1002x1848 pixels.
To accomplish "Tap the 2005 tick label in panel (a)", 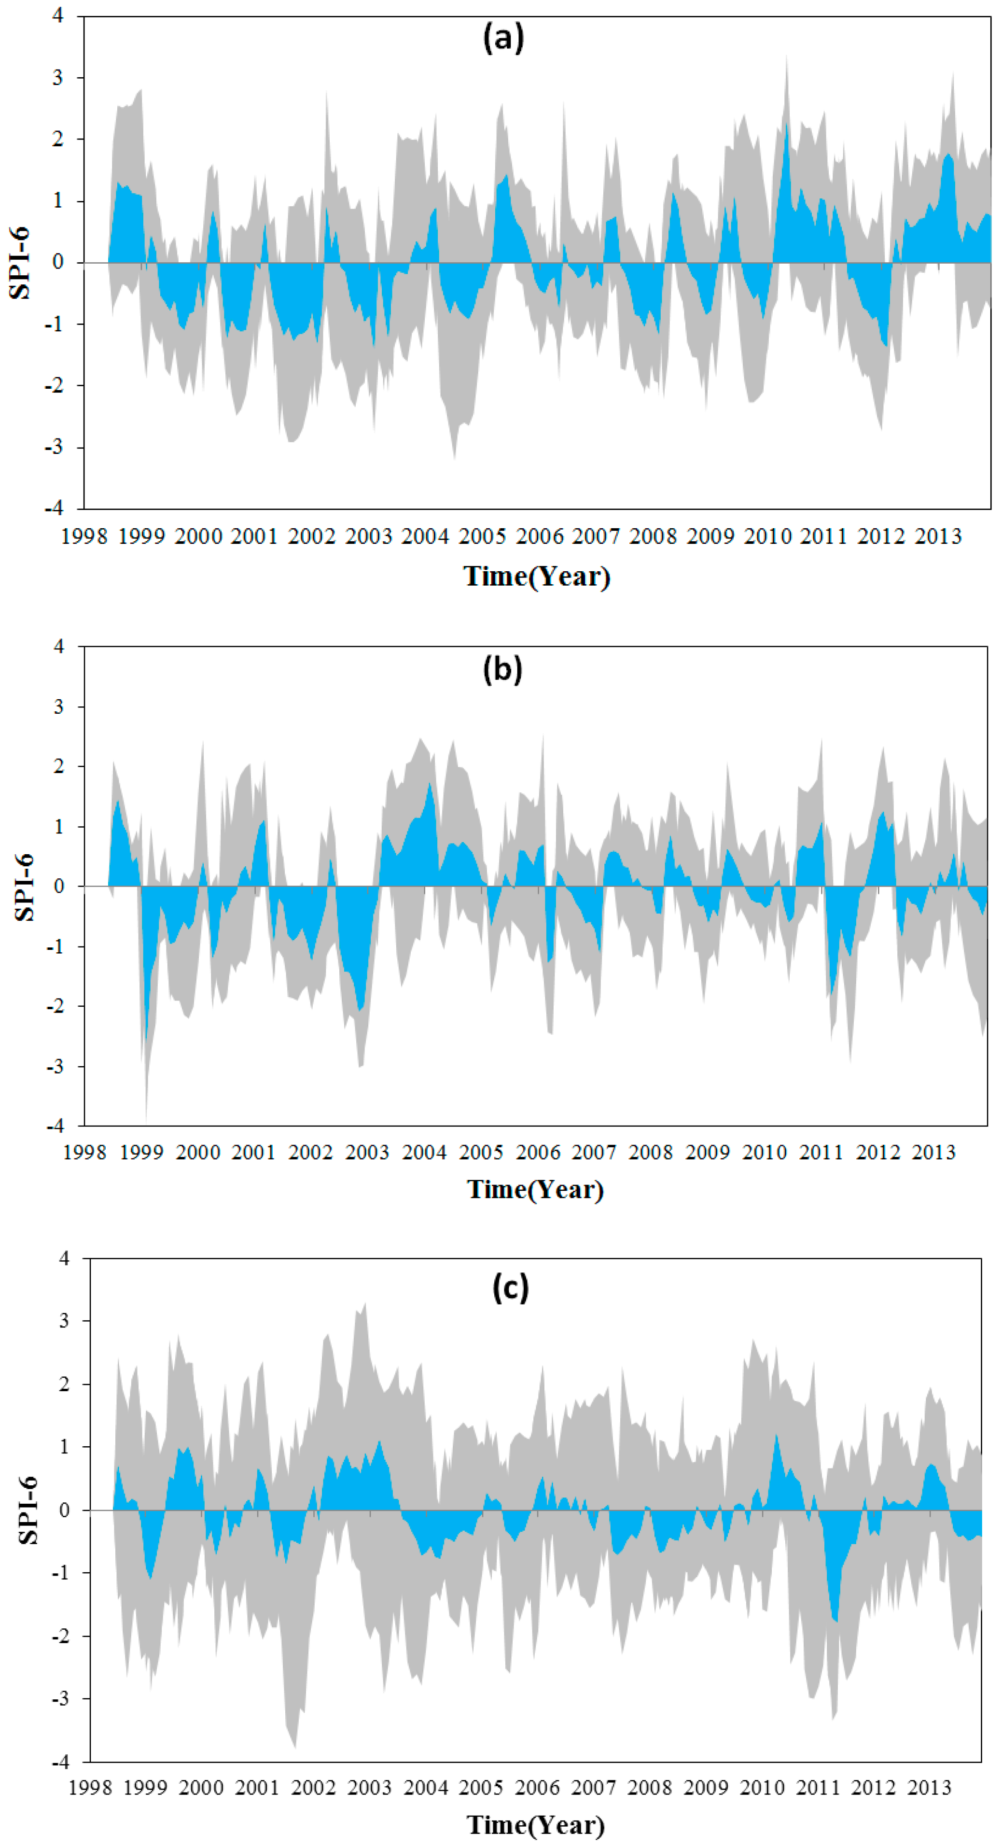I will click(482, 536).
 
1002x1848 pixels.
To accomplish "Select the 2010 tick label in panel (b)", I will click(765, 1152).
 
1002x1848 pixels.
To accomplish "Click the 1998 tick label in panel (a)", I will click(84, 536).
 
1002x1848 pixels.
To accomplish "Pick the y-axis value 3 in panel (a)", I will click(57, 77).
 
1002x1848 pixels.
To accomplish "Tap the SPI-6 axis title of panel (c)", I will click(27, 1510).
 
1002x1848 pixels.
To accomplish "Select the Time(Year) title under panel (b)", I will click(535, 1189).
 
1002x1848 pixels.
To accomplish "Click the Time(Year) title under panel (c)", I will click(535, 1824).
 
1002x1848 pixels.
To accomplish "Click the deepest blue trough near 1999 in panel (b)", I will click(146, 1037).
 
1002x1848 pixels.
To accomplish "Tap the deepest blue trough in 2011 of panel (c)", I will click(835, 1620).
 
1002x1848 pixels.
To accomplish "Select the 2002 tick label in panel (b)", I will click(310, 1152).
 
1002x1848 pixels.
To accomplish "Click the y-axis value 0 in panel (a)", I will click(57, 262).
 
